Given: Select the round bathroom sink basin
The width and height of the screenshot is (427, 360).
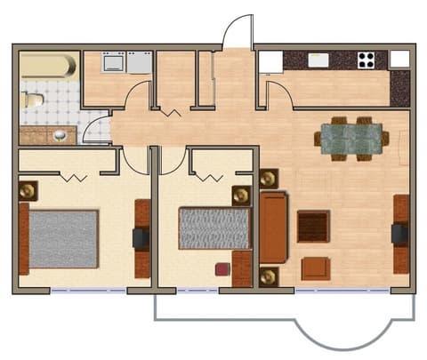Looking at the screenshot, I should click(59, 135).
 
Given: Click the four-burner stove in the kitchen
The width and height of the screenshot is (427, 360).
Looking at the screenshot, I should click(366, 60).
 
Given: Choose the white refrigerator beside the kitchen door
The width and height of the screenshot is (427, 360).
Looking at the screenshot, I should click(270, 60).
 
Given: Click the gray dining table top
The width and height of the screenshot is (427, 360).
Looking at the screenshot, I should click(351, 138).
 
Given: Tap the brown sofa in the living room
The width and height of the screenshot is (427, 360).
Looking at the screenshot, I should click(273, 227).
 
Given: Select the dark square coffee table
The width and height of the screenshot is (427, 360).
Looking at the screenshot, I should click(313, 226).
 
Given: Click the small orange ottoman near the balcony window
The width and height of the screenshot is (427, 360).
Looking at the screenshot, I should click(315, 268).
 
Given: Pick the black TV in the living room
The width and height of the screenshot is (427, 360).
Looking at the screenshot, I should click(399, 234).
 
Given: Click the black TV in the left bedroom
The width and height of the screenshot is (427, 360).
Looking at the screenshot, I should click(141, 238).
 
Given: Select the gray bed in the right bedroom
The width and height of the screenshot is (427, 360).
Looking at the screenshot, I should click(213, 228).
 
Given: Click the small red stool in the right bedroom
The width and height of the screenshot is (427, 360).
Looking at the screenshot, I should click(222, 268).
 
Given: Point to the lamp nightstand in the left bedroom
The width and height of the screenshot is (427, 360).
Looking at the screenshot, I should click(28, 189).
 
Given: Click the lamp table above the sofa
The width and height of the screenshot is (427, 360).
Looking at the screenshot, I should click(269, 179).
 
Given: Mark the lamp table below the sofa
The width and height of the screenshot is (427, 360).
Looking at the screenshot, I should click(269, 276).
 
